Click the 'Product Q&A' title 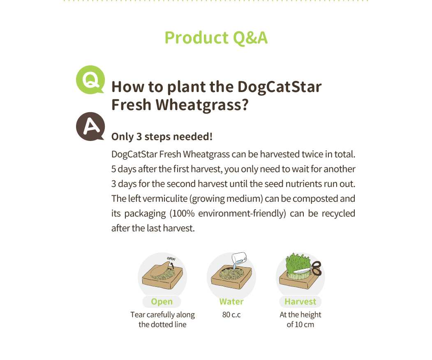point(216,38)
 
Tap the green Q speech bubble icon point(90,80)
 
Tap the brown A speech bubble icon point(90,127)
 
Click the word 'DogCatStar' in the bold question point(280,87)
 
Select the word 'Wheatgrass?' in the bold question point(202,105)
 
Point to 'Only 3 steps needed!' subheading point(162,136)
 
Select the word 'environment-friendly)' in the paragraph point(242,213)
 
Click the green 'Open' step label point(162,302)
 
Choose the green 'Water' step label point(231,302)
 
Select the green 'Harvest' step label point(300,302)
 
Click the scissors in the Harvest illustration point(311,268)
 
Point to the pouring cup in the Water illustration point(238,258)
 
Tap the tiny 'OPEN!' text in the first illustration point(171,258)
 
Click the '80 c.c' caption point(231,314)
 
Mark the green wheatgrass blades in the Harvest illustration point(298,264)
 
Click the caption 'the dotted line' point(162,325)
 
